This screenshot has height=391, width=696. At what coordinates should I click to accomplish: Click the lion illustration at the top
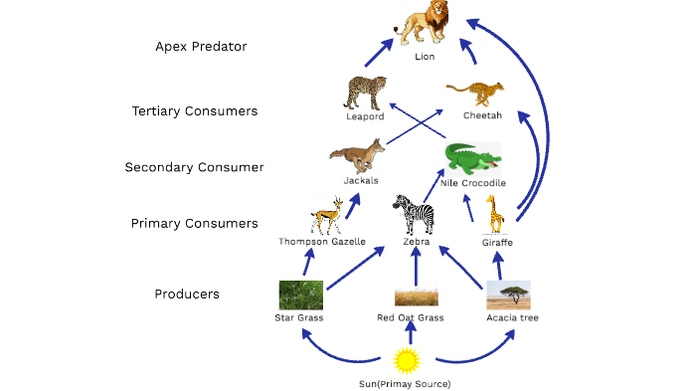tap(425, 23)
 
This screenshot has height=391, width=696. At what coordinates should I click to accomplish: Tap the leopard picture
tap(364, 93)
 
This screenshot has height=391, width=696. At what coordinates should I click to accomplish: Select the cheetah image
tap(481, 94)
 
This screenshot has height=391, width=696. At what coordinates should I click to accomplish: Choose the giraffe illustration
tap(494, 214)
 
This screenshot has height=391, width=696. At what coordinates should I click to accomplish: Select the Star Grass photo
tap(300, 295)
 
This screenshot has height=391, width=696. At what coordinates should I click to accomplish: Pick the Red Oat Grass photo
tap(417, 296)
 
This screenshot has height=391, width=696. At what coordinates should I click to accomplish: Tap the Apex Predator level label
tap(201, 46)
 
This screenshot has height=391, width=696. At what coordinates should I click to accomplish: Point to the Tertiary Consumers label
tap(195, 111)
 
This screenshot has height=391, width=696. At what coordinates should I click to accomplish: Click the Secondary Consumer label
tap(194, 167)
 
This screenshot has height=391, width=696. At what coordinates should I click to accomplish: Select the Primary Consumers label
tap(194, 224)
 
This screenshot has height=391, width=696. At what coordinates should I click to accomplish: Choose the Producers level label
tap(187, 294)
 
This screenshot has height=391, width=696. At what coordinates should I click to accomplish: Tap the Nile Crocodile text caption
tap(473, 183)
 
